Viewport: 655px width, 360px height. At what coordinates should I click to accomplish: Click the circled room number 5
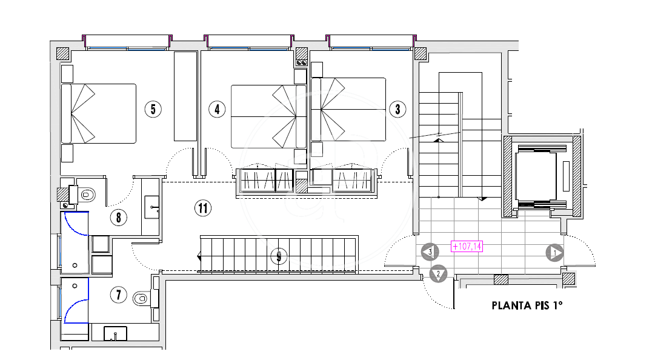(153, 110)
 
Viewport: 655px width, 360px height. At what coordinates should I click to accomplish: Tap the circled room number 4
(217, 110)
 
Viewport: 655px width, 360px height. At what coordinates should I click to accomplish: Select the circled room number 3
(397, 110)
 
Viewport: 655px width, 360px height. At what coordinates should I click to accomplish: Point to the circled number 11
(203, 208)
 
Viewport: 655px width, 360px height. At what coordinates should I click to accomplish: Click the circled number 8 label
(119, 218)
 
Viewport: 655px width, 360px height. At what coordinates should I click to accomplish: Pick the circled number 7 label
(119, 295)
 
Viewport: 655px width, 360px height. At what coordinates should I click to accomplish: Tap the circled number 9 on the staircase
(279, 256)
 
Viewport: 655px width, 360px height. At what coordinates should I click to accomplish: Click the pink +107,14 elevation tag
(467, 247)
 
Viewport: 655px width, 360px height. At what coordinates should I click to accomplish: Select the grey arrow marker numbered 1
(555, 253)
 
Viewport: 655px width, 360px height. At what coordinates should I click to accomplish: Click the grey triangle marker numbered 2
(438, 274)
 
